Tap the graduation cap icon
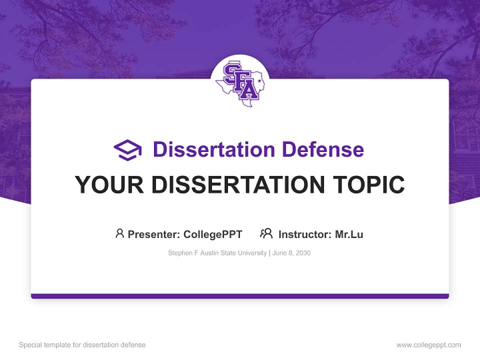coord(127,150)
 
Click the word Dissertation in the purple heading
coord(214,149)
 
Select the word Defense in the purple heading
coord(323,149)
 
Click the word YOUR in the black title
coord(109,184)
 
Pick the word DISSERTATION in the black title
coord(238,184)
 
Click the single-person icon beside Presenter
coord(119,233)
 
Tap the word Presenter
coord(153,234)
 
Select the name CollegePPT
coord(213,234)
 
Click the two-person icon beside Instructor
coord(266,233)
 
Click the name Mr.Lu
coord(349,234)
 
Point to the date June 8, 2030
coord(291,253)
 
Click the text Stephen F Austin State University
coord(217,253)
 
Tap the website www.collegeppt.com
coord(428,345)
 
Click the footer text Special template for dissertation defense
coord(82,345)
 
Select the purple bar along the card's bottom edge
coord(240,296)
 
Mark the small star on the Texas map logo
coord(259,81)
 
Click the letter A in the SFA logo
coord(249,89)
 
